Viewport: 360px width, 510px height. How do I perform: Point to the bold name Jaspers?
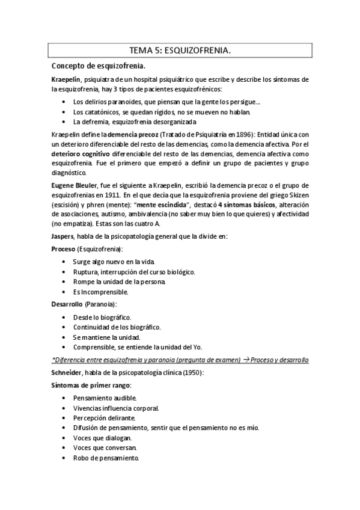coord(64,238)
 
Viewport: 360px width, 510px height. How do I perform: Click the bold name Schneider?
coord(68,373)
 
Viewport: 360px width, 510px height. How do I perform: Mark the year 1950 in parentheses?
coord(192,373)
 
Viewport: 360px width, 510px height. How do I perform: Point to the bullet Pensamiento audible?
coord(105,398)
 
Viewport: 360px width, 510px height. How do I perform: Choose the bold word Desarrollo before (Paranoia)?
coord(67,304)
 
